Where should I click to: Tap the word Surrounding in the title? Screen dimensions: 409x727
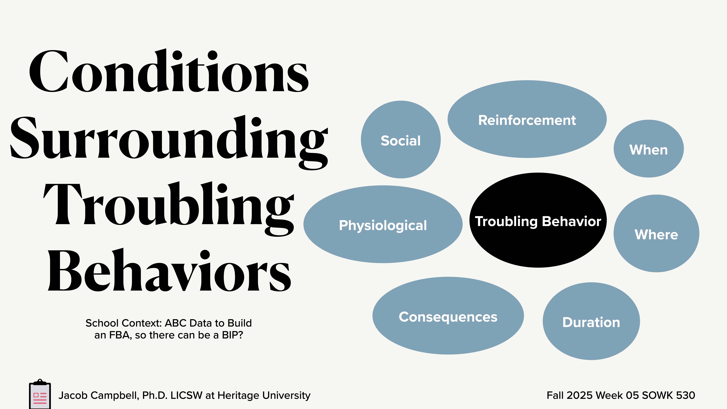pos(169,138)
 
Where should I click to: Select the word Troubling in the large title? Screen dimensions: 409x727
pos(169,205)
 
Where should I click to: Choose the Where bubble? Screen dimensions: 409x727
pos(656,234)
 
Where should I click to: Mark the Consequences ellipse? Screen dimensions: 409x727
pos(448,316)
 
